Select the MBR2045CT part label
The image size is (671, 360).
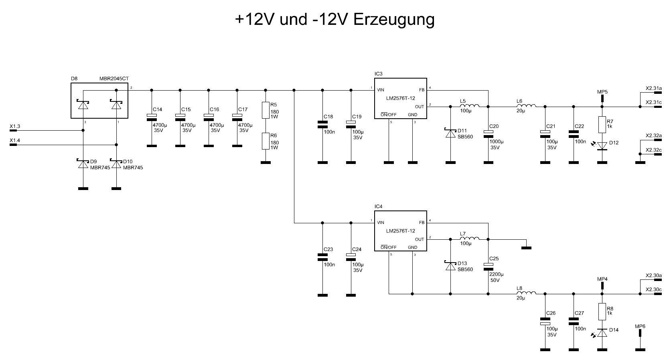(x=114, y=79)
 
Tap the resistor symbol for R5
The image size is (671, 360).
(x=265, y=110)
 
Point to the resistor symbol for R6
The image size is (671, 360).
(x=265, y=141)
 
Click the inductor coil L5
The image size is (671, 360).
(x=469, y=106)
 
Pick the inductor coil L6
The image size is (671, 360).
(x=526, y=106)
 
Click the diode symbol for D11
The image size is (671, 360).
(x=450, y=133)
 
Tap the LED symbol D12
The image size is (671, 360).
(x=602, y=146)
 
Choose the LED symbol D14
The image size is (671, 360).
(x=602, y=332)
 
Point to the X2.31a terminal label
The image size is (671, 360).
(x=653, y=88)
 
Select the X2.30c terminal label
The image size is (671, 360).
(x=653, y=289)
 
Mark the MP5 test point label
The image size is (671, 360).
(x=602, y=92)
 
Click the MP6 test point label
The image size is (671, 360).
(x=640, y=326)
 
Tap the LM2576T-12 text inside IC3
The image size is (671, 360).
(x=400, y=98)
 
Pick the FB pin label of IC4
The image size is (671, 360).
(x=422, y=223)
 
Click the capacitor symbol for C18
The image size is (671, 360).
(x=322, y=124)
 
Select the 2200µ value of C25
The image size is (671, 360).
(x=496, y=274)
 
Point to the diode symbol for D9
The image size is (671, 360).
(x=83, y=164)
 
